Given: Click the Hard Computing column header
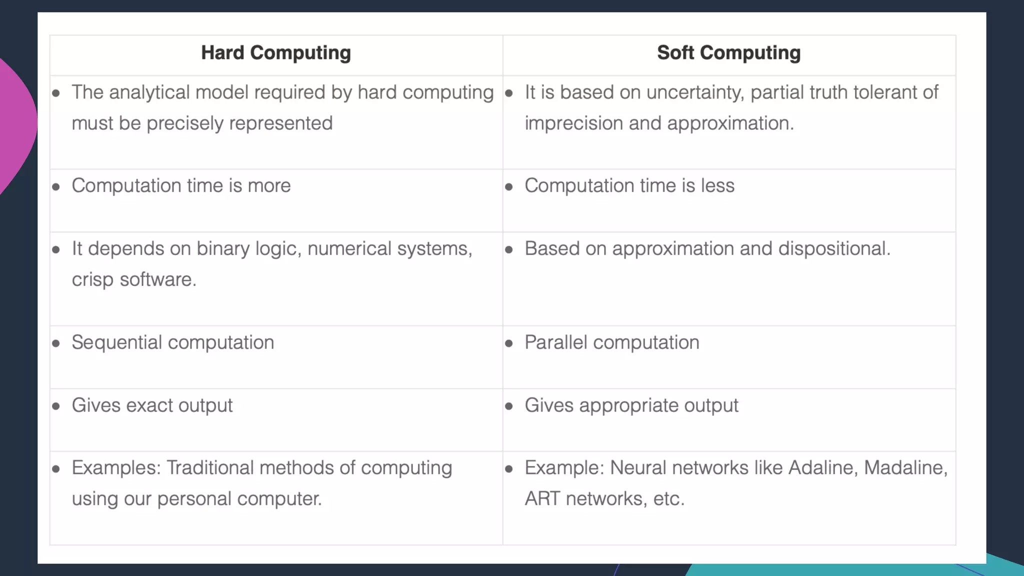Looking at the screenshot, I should (276, 53).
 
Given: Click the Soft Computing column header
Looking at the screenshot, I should (728, 53).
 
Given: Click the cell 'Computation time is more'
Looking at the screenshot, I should (181, 186).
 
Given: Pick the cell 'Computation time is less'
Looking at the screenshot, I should (629, 186).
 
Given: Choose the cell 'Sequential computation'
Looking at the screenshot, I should (172, 342).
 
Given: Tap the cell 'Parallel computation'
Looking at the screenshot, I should (611, 342).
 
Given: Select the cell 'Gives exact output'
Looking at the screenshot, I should (152, 405).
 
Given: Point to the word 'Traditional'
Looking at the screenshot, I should (210, 468).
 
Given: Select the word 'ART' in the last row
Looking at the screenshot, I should (542, 499).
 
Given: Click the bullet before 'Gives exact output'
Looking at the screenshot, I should (56, 406).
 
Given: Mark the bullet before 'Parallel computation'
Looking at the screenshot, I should (509, 343).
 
